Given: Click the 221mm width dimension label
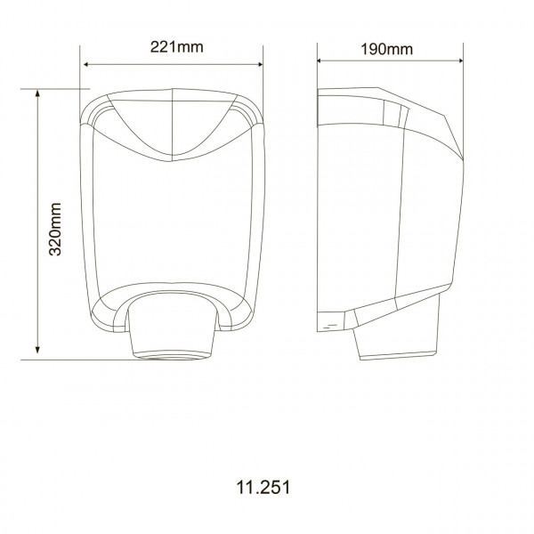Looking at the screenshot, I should (173, 48).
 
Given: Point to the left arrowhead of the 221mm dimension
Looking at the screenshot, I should (86, 64).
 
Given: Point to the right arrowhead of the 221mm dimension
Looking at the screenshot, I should (260, 64).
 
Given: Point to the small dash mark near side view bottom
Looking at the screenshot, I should (330, 327).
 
